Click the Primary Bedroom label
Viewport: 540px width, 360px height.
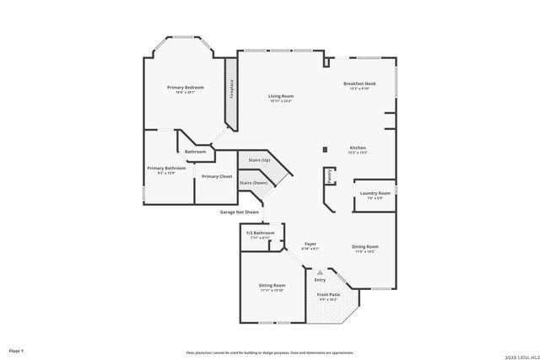click(x=186, y=88)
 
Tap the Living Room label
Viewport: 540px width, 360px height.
click(x=281, y=97)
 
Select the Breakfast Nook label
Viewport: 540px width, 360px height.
click(x=359, y=83)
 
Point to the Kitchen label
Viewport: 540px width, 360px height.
click(x=358, y=148)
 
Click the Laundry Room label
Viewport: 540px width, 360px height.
click(x=375, y=193)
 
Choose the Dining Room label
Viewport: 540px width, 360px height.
click(x=365, y=246)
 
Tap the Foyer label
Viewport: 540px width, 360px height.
click(x=310, y=244)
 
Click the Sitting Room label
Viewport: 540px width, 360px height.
click(x=272, y=286)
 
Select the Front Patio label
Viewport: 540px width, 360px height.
click(x=327, y=294)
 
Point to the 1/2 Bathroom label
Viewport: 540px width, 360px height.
click(x=260, y=233)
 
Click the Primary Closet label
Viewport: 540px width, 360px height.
click(x=217, y=176)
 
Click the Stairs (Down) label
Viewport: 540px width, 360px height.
click(x=253, y=183)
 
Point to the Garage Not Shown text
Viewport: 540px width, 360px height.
click(x=240, y=212)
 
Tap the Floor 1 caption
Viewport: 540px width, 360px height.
click(x=16, y=350)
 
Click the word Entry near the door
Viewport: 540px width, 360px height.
click(x=320, y=279)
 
